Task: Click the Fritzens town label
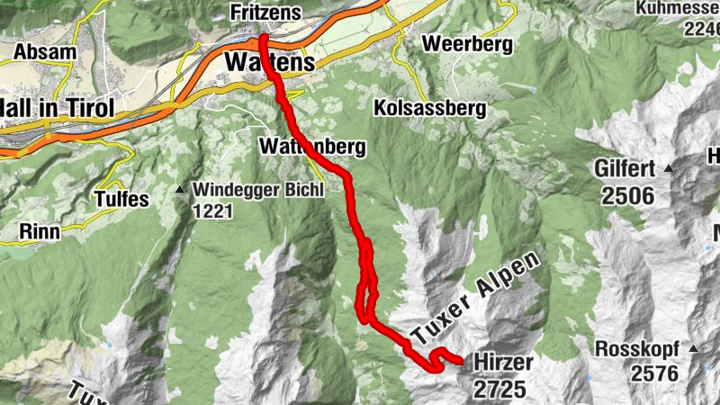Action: pyautogui.click(x=265, y=13)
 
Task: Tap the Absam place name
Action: pyautogui.click(x=45, y=51)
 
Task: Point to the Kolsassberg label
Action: pyautogui.click(x=428, y=109)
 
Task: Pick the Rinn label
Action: pyautogui.click(x=39, y=232)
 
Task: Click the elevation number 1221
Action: pyautogui.click(x=212, y=212)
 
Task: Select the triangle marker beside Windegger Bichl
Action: pyautogui.click(x=180, y=190)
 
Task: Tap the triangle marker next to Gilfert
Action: pyautogui.click(x=669, y=168)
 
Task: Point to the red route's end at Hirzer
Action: pyautogui.click(x=461, y=362)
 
